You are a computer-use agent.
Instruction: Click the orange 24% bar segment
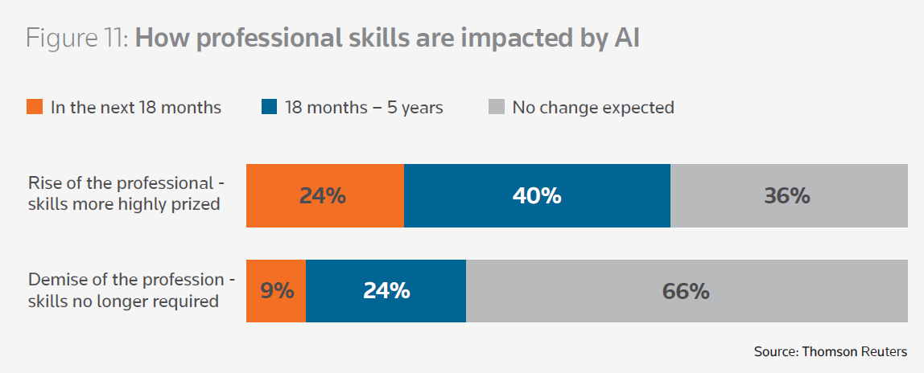324,195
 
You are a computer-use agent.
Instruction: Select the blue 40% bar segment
537,195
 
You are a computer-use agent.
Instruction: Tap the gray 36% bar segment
789,195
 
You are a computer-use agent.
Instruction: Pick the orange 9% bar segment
276,290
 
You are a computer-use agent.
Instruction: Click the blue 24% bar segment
386,290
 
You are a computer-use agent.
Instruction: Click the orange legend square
35,107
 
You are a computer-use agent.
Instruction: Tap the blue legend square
269,107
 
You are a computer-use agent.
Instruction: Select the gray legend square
497,107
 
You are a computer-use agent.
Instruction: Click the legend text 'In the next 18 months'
135,107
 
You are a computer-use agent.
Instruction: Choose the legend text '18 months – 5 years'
364,107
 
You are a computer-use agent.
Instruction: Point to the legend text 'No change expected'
593,107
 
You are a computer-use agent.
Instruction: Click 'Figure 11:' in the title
77,39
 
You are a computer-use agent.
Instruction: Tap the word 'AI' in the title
621,39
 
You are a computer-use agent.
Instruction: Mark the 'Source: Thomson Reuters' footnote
830,351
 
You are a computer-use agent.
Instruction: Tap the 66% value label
686,290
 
